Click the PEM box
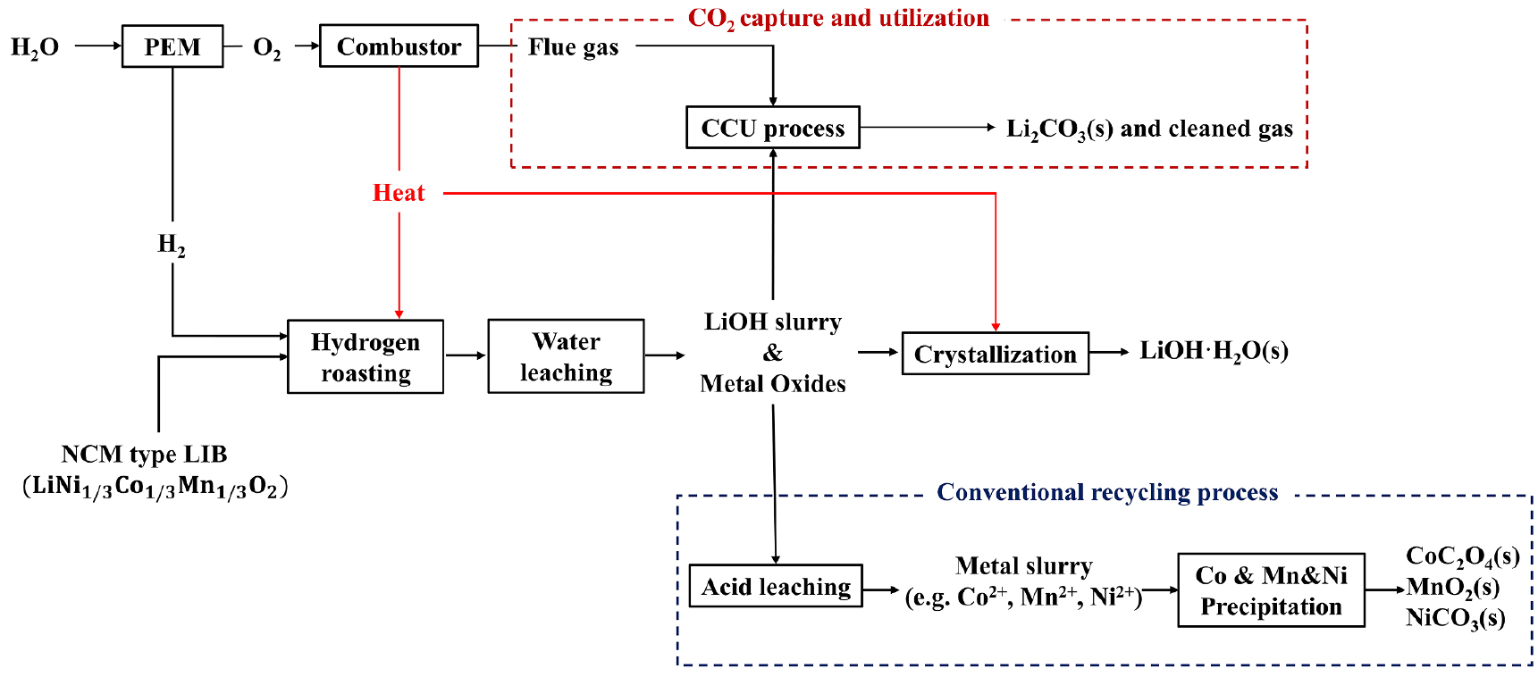click(x=172, y=46)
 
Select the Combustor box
click(x=399, y=46)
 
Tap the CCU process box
click(x=773, y=128)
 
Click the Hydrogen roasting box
click(x=366, y=356)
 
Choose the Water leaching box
click(x=566, y=356)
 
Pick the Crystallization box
click(x=995, y=354)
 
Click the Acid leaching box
click(x=776, y=587)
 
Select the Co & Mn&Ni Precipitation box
click(x=1271, y=590)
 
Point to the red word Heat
click(x=399, y=193)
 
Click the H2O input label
click(x=35, y=47)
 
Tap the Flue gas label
click(x=573, y=46)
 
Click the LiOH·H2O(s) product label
click(x=1214, y=351)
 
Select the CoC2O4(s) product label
click(x=1462, y=556)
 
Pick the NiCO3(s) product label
click(x=1455, y=618)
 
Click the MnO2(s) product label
click(x=1453, y=588)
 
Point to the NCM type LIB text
click(x=145, y=455)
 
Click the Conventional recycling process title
click(x=1107, y=492)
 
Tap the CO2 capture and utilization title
click(x=838, y=19)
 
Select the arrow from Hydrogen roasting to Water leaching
click(x=466, y=355)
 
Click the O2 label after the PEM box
click(x=266, y=47)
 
